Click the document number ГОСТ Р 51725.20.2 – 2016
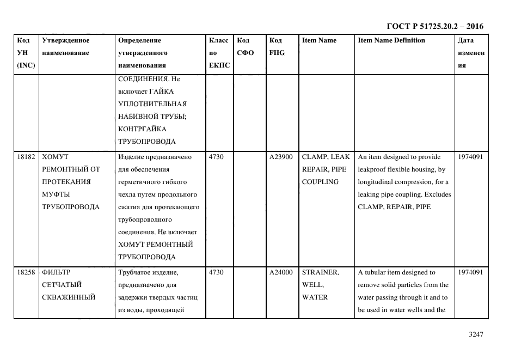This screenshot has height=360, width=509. (434, 26)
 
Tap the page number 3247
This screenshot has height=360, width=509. (476, 335)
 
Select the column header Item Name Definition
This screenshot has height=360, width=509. (391, 40)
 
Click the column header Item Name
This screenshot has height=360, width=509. (319, 40)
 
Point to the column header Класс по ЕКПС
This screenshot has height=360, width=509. (219, 53)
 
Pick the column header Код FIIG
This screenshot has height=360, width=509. (277, 47)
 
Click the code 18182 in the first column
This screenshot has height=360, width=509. (26, 157)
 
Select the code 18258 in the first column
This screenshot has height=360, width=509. (26, 272)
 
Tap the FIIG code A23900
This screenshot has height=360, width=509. (281, 157)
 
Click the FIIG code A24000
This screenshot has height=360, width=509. (281, 272)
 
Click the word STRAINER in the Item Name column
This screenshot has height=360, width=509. (320, 272)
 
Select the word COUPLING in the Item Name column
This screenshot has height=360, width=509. (320, 182)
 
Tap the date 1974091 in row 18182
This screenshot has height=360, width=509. (470, 157)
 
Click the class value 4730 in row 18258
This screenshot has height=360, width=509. (216, 272)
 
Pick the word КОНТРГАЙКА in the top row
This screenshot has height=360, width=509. (142, 129)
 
